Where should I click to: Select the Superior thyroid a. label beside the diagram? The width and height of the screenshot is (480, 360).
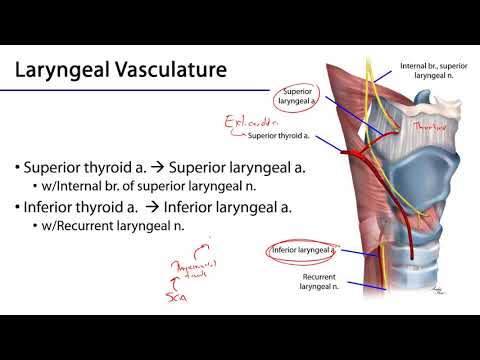click(x=278, y=136)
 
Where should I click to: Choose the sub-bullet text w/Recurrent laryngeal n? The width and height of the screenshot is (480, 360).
click(x=121, y=229)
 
